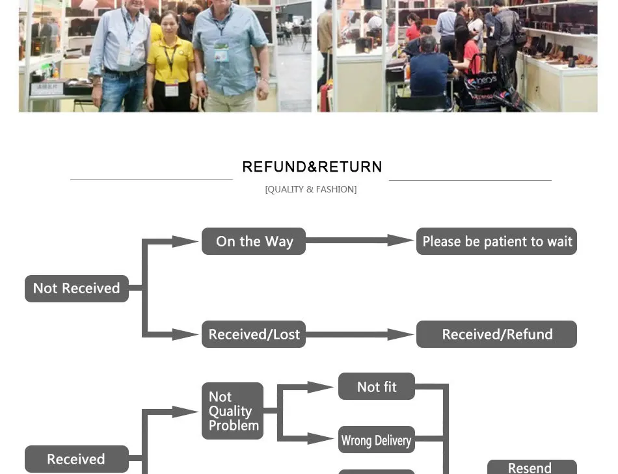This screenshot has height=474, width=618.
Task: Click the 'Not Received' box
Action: [x=77, y=289]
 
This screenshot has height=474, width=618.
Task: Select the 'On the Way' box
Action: [x=254, y=241]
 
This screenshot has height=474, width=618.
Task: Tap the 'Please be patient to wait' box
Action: [x=496, y=241]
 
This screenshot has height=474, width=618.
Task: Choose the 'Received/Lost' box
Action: [x=254, y=334]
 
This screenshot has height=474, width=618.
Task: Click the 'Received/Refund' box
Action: [x=496, y=334]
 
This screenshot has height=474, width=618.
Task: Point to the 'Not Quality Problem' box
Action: [x=232, y=411]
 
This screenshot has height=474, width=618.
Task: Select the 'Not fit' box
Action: [x=377, y=386]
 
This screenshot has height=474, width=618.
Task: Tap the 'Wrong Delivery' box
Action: [x=377, y=440]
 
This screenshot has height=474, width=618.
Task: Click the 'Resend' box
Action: [x=532, y=467]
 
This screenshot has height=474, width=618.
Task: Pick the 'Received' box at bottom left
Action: [x=77, y=459]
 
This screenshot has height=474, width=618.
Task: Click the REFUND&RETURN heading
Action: [x=312, y=166]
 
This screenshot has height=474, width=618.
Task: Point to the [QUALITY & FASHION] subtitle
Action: [x=311, y=189]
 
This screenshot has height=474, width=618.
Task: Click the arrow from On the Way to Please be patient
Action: [x=360, y=241]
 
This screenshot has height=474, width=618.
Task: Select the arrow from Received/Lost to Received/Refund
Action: [x=360, y=334]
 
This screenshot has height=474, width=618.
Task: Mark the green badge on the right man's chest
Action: [x=221, y=53]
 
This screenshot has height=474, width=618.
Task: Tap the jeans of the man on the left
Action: [x=122, y=90]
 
